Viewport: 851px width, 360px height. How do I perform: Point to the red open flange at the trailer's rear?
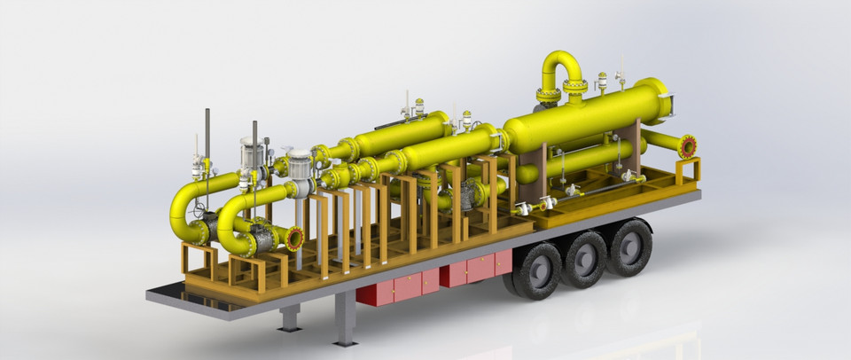coord(687,146)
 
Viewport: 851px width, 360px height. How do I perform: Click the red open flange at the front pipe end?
coord(294,238)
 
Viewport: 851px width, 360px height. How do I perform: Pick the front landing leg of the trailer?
coord(290,317)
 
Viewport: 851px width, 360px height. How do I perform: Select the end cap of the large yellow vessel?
coord(660,99)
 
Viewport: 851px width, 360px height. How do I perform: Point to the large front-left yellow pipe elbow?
coord(186,213)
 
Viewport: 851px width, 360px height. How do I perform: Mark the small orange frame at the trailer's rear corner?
coord(688,169)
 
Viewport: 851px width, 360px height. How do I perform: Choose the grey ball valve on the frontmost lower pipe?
coord(261,239)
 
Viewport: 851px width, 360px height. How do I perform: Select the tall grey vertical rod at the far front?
coord(207,133)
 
